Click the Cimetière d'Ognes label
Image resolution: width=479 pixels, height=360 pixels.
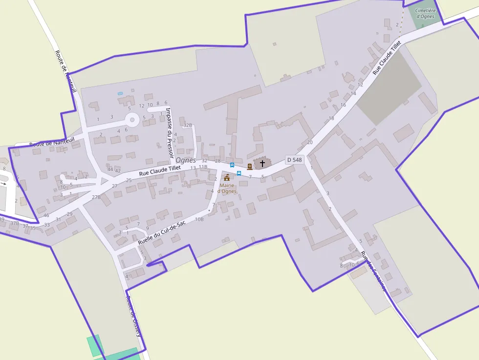click(424, 13)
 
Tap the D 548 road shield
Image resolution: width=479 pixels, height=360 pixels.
click(295, 160)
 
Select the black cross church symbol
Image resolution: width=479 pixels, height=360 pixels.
click(262, 163)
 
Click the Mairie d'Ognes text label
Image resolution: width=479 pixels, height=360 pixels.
click(227, 188)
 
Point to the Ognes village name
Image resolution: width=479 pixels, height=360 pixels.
click(186, 160)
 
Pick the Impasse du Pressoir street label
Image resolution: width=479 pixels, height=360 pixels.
click(169, 132)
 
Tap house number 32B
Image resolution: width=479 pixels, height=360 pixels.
click(188, 126)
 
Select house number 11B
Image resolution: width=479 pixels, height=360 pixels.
click(203, 167)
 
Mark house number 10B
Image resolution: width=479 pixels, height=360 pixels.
click(199, 219)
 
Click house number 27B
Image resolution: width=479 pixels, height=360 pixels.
click(96, 197)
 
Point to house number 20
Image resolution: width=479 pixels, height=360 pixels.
click(309, 142)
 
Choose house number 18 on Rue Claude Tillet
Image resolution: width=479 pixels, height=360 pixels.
click(331, 118)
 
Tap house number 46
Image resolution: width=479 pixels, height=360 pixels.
click(46, 215)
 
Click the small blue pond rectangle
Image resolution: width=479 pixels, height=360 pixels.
click(120, 93)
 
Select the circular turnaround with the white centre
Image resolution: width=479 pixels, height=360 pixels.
click(131, 119)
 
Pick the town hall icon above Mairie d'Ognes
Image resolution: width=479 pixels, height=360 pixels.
click(227, 177)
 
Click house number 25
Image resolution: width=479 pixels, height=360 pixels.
click(129, 181)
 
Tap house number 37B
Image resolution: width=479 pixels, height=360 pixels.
click(15, 223)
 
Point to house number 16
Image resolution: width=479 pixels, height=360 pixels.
click(343, 105)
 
